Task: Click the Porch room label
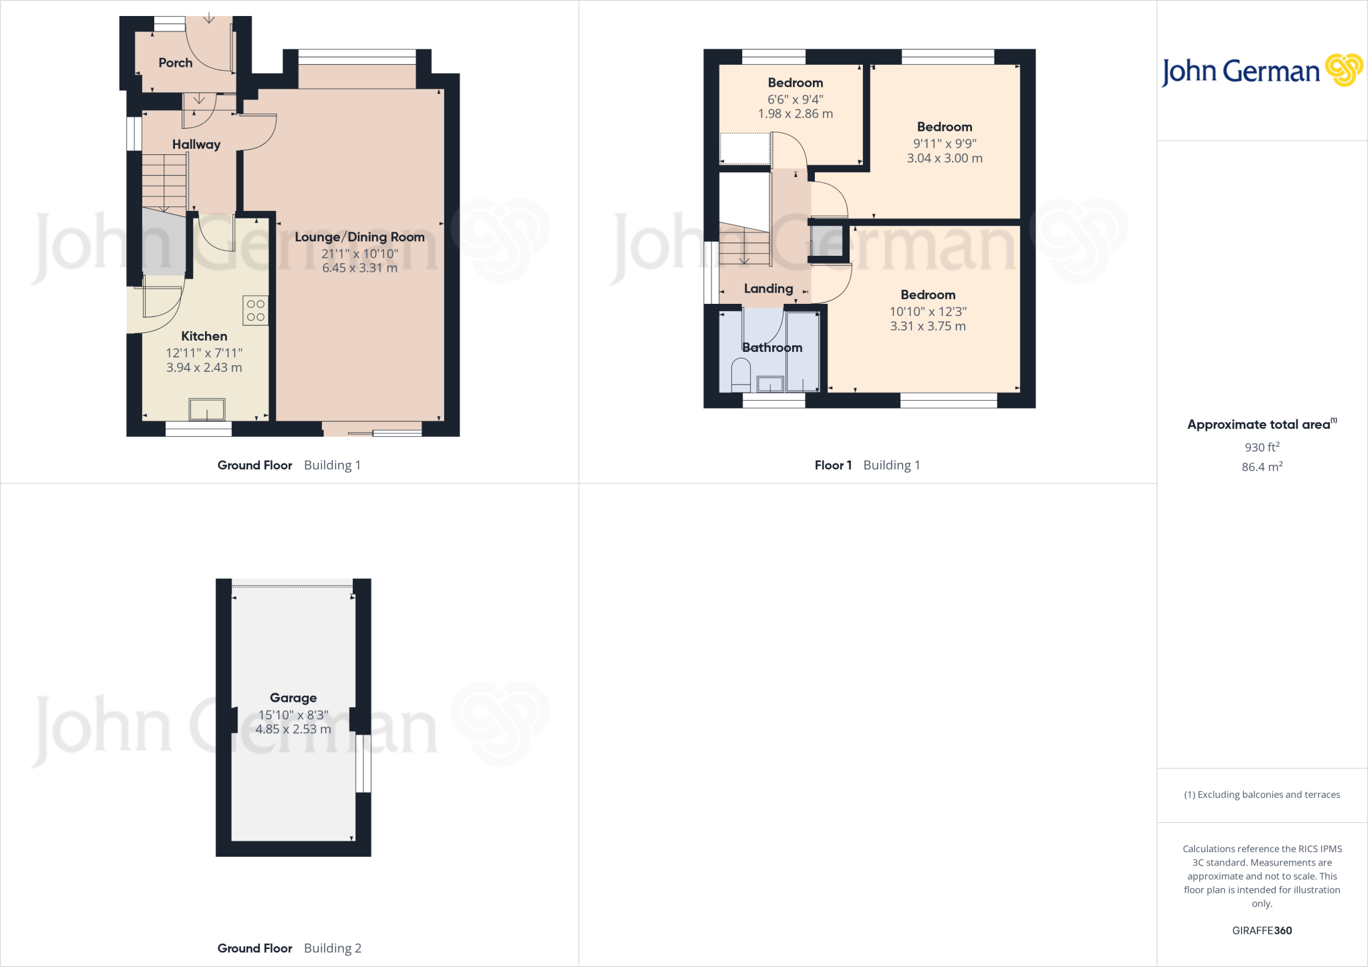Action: point(175,63)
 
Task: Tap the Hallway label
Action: point(196,144)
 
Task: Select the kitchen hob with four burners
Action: point(256,311)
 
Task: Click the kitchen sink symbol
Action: point(207,409)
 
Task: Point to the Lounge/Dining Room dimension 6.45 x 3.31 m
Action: point(359,268)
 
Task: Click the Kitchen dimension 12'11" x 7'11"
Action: point(204,353)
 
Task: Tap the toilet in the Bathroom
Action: point(741,375)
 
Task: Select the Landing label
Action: point(768,288)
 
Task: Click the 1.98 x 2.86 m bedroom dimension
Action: point(795,114)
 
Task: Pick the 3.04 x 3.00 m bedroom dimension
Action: point(944,158)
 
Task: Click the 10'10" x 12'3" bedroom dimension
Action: point(928,311)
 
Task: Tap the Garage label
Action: point(293,698)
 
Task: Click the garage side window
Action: point(363,763)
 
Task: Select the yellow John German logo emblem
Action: point(1343,70)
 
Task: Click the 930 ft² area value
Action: point(1262,447)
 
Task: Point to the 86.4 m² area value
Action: point(1262,467)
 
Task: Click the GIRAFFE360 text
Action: point(1262,930)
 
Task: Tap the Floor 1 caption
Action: point(833,465)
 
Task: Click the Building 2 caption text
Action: point(332,948)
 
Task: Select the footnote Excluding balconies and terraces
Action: point(1262,795)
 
